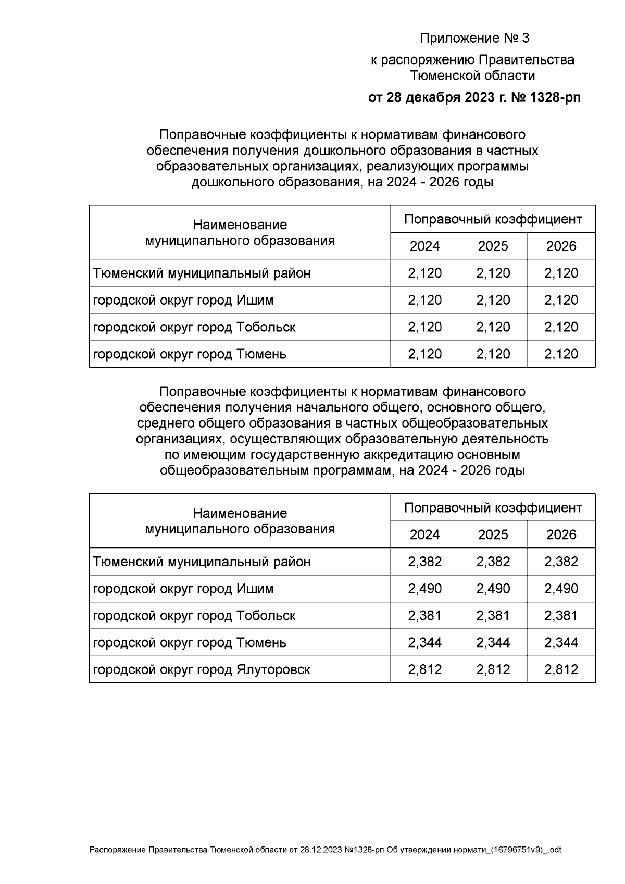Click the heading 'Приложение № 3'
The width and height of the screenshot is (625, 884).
(x=474, y=39)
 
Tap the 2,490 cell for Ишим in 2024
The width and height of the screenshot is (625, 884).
(x=424, y=589)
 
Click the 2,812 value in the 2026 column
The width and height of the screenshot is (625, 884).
(x=561, y=669)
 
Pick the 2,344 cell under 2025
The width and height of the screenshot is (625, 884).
(x=493, y=642)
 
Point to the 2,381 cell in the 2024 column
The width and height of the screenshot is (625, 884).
(x=424, y=616)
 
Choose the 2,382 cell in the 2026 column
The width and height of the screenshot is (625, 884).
(x=561, y=562)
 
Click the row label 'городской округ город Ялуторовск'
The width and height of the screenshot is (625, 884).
(x=202, y=669)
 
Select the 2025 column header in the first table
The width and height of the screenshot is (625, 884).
(x=493, y=246)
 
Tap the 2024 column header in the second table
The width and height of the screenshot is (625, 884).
(x=424, y=534)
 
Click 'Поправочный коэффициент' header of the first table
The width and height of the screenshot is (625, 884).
(x=493, y=219)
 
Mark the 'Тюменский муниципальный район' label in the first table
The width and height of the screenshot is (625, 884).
(x=202, y=273)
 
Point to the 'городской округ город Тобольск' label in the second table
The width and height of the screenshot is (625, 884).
(x=194, y=616)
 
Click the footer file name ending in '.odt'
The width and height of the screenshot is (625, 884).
(x=326, y=850)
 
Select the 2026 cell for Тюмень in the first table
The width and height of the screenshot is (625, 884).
(x=561, y=354)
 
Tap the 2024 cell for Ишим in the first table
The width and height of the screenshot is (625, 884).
(x=424, y=300)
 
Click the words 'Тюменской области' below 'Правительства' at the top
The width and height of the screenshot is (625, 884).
(x=472, y=76)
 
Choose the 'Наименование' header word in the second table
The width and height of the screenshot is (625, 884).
(x=240, y=513)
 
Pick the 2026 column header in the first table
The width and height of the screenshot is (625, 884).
(x=561, y=246)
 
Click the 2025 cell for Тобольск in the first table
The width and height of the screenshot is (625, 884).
(x=493, y=327)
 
